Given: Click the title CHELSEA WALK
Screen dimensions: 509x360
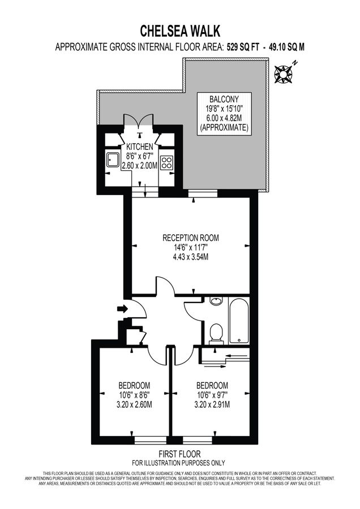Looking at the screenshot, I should point(179,30).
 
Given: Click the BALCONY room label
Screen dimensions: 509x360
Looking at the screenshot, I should point(224,98).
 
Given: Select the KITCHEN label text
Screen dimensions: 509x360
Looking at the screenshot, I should point(139,146).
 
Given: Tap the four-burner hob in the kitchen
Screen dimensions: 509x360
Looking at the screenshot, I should point(166,162).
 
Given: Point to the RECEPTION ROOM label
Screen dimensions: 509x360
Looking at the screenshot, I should point(190,238).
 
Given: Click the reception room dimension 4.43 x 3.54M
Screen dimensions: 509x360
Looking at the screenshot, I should point(190,257).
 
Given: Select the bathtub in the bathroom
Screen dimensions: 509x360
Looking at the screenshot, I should point(238,321).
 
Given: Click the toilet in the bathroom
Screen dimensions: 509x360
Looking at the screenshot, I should point(215,334).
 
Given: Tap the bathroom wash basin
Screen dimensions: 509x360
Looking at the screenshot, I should point(216,301).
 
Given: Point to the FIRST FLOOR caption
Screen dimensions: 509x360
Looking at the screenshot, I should point(179,454).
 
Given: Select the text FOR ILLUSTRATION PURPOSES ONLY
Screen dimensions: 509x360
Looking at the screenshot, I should point(179,462).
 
